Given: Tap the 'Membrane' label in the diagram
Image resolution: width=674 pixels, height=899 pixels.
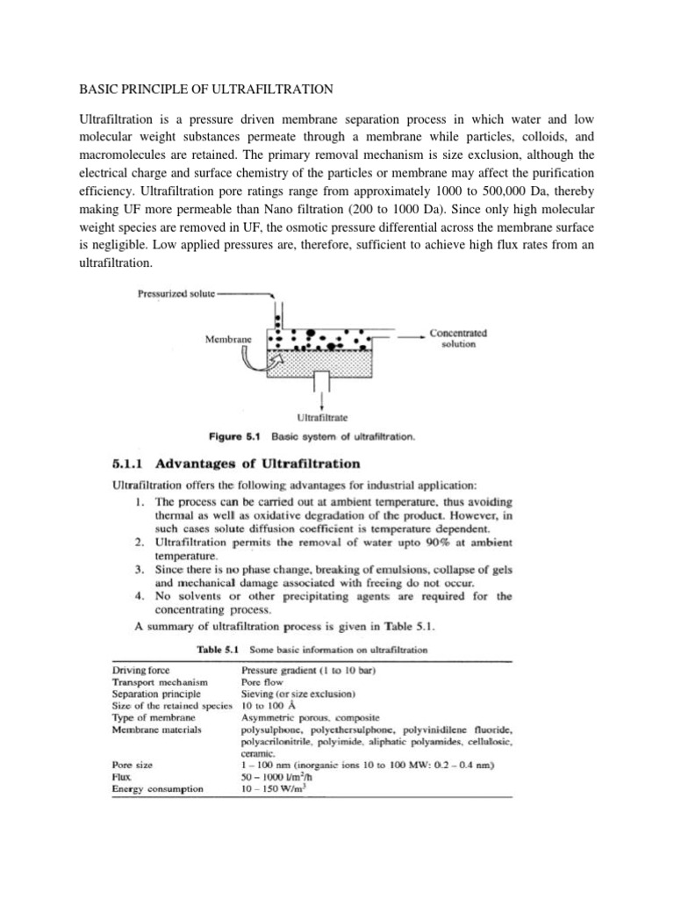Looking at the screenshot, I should pos(226,338).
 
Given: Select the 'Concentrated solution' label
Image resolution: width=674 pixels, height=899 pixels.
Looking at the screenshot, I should pos(458,339).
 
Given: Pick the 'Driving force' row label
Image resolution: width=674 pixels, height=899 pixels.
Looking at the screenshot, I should pos(141,671).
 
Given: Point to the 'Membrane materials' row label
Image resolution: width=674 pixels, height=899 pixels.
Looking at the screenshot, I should pos(157,729).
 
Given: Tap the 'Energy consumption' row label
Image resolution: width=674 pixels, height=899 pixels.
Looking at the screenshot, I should pos(158,788).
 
